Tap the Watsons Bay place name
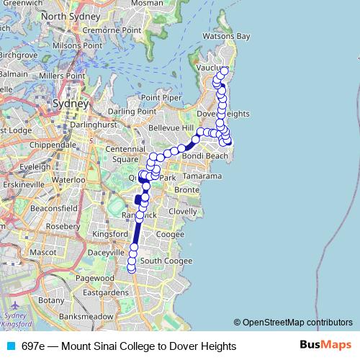click(226, 36)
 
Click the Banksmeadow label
click(86, 315)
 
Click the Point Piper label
click(161, 98)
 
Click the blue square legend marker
click(9, 346)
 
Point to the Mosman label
click(147, 3)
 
